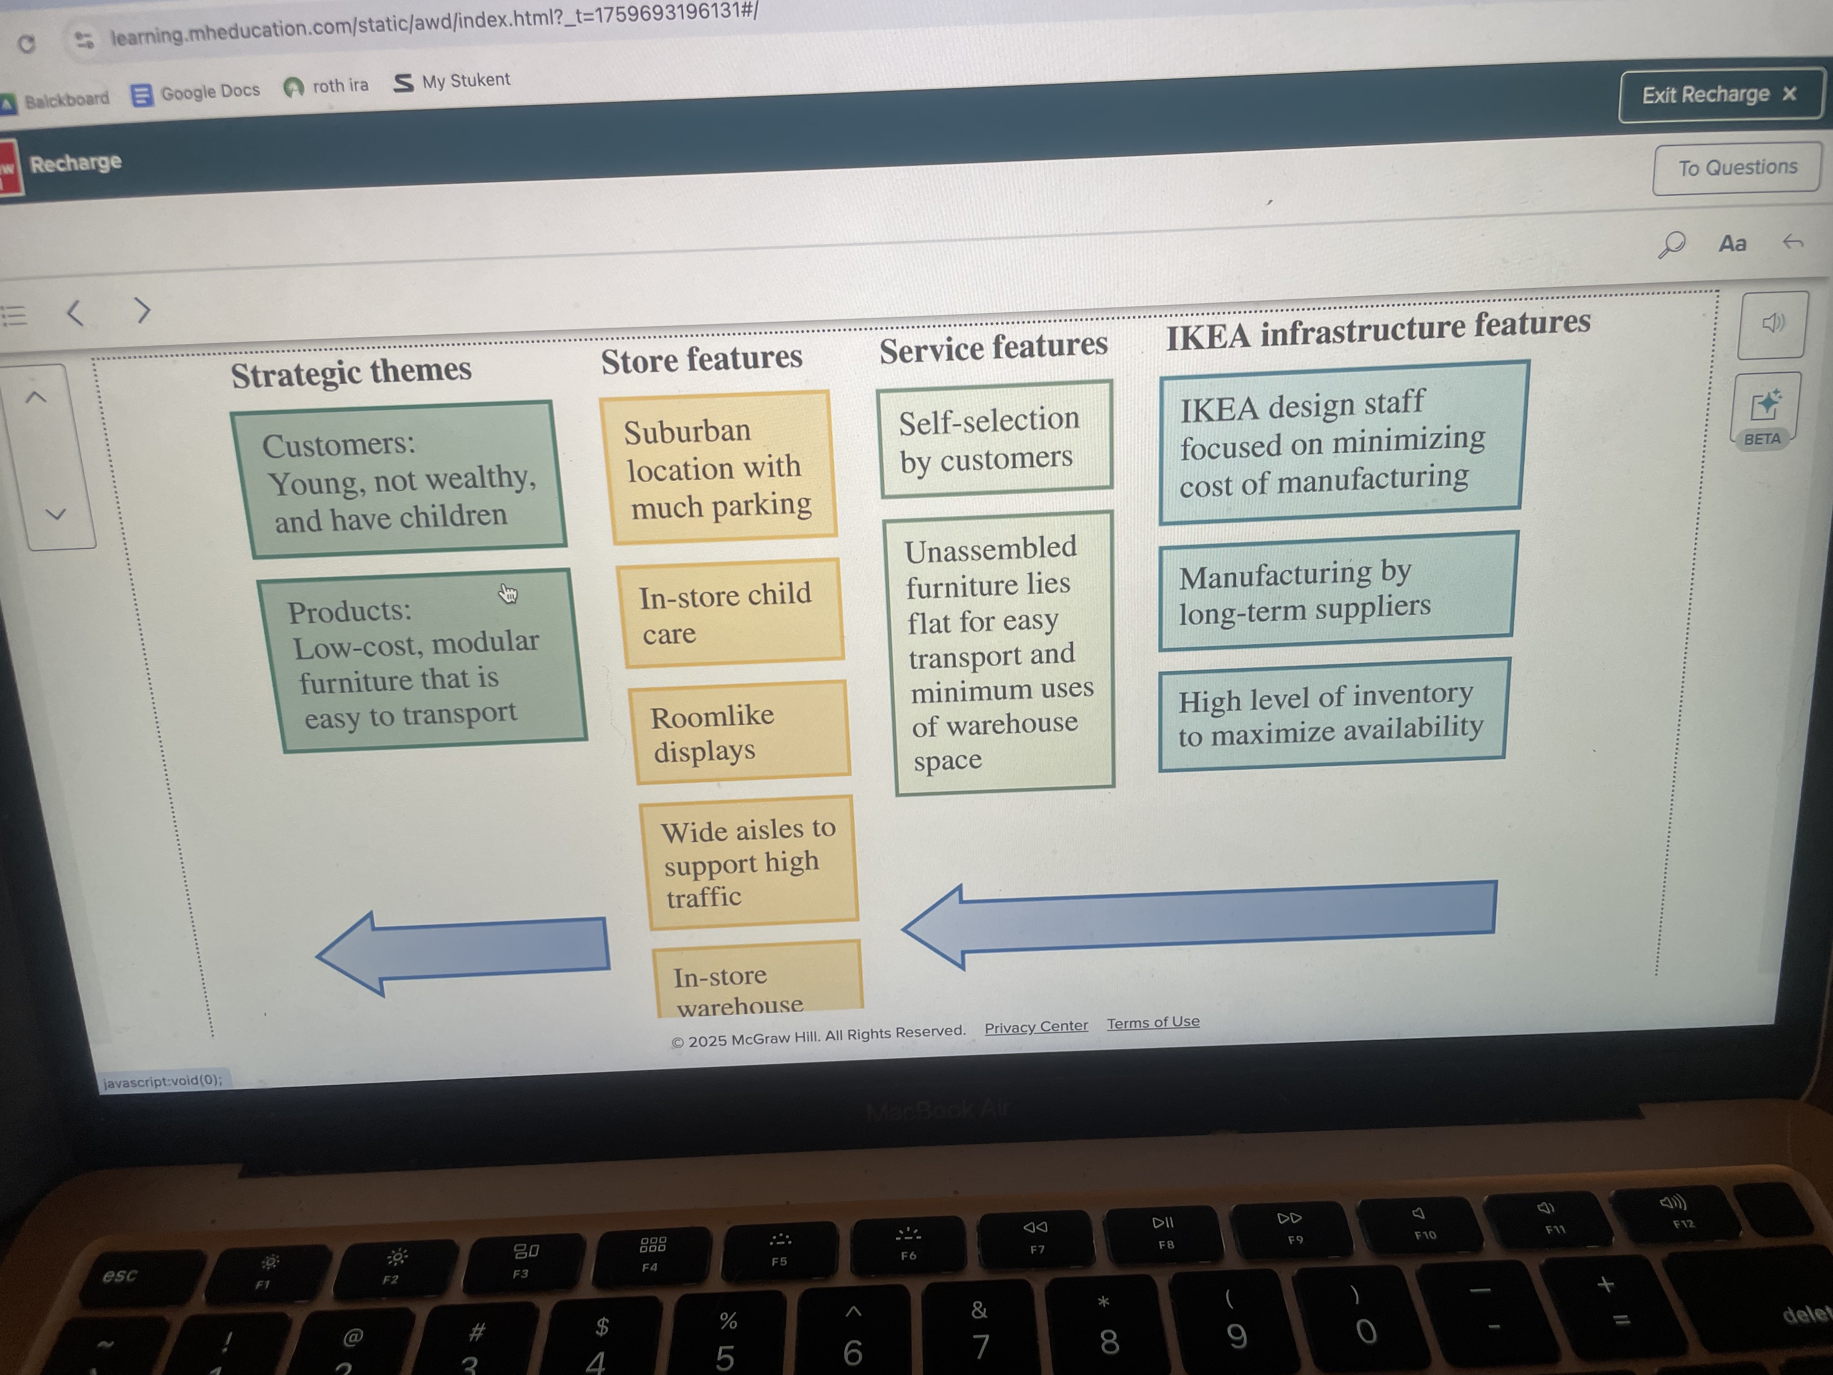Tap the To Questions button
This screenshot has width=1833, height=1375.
tap(1737, 168)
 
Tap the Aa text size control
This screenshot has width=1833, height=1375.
tap(1732, 244)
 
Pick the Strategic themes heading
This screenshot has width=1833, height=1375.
tap(351, 372)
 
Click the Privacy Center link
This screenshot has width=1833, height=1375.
tap(1036, 1027)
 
